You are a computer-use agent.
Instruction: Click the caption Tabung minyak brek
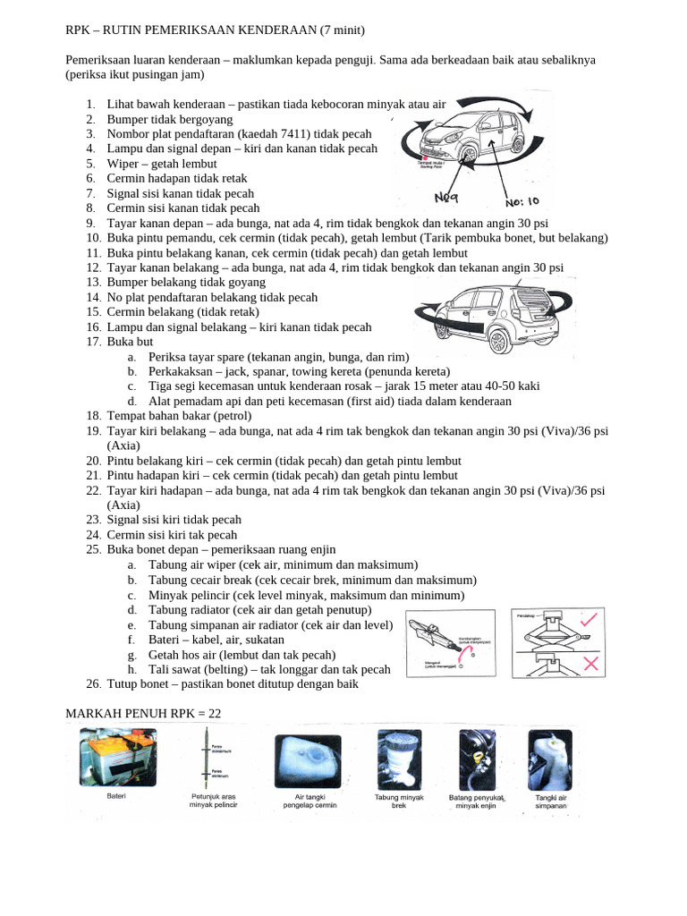coord(398,801)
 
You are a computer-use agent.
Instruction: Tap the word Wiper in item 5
coord(123,164)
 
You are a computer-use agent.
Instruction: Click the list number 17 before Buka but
coord(94,342)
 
